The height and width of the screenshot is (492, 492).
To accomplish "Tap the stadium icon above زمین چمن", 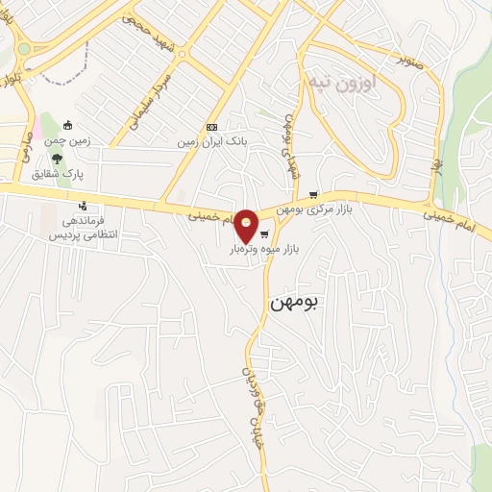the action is [68, 125].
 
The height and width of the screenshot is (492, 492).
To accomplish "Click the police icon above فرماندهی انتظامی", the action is [84, 206].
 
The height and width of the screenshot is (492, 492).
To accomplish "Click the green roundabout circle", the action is [23, 49].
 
